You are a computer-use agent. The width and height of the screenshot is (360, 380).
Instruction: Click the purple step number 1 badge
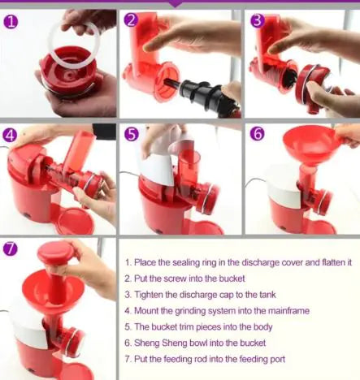[x=11, y=22]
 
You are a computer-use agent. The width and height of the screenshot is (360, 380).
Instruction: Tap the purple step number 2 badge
[x=131, y=20]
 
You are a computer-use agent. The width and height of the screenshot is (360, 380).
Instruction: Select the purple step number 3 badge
[x=258, y=21]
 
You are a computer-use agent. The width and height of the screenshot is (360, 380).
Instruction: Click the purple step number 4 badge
[x=10, y=135]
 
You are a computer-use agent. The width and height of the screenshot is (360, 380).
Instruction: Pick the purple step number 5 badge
[x=132, y=135]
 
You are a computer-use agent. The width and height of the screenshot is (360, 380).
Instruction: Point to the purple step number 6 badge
[x=257, y=134]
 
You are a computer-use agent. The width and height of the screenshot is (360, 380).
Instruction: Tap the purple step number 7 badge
[x=10, y=248]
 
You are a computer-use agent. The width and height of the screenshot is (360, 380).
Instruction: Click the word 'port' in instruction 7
[x=277, y=360]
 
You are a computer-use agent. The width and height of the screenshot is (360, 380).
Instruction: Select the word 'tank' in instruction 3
[x=267, y=295]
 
